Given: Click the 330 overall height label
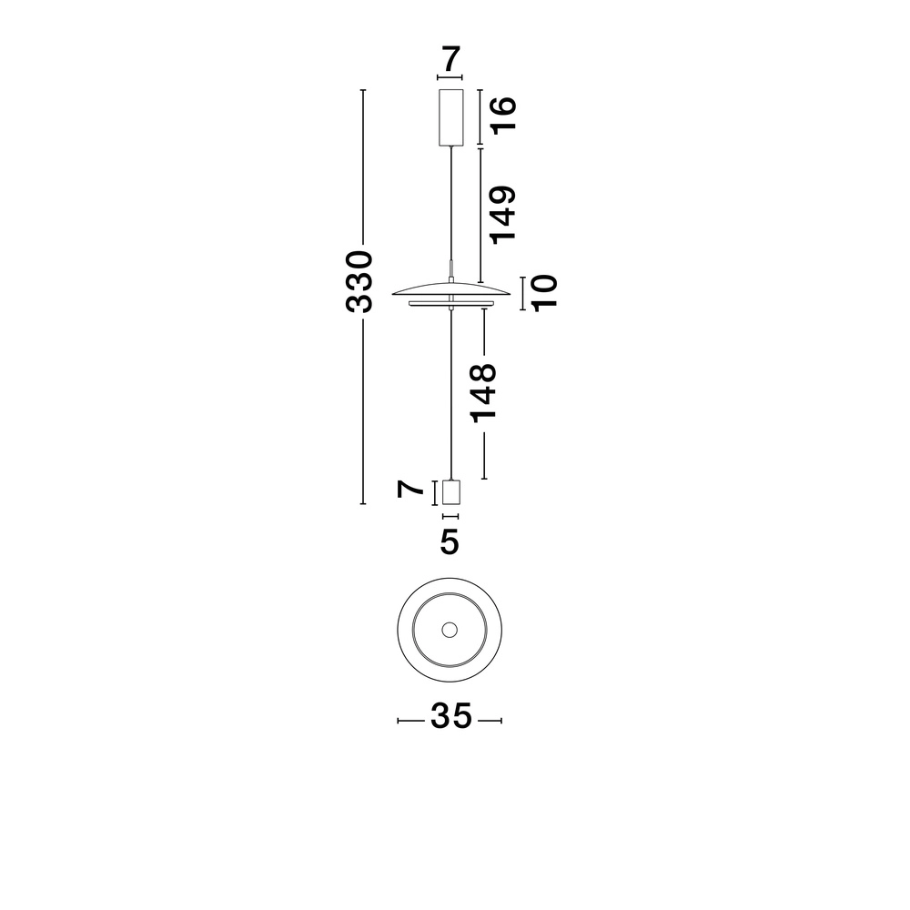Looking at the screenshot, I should [361, 281].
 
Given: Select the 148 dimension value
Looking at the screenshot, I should [482, 391].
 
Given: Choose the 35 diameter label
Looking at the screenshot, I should [450, 717].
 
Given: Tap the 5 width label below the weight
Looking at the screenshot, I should [450, 542].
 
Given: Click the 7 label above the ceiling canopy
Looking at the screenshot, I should [450, 61].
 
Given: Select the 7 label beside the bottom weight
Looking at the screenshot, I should [412, 490].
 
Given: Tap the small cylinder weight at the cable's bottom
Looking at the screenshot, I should [450, 492].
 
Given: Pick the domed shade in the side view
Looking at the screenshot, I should [450, 288].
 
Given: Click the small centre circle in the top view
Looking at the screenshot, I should [450, 629].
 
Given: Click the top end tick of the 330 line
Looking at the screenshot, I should [363, 91].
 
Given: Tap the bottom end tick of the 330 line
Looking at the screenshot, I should [363, 503].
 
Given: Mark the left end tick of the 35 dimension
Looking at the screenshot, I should [399, 721].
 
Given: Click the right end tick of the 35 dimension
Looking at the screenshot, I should [502, 721].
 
